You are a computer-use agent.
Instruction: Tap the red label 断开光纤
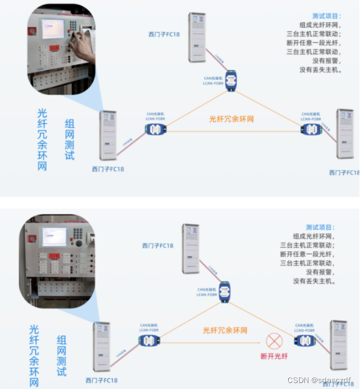[274, 356]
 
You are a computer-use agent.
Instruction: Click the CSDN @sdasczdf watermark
[320, 380]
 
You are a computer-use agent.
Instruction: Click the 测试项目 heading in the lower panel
[319, 227]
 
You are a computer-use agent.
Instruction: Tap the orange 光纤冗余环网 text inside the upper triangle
[232, 119]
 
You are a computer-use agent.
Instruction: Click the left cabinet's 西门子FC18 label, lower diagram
[101, 380]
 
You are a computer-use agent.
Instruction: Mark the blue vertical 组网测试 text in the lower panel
[61, 356]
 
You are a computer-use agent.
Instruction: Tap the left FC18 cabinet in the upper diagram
[108, 135]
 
